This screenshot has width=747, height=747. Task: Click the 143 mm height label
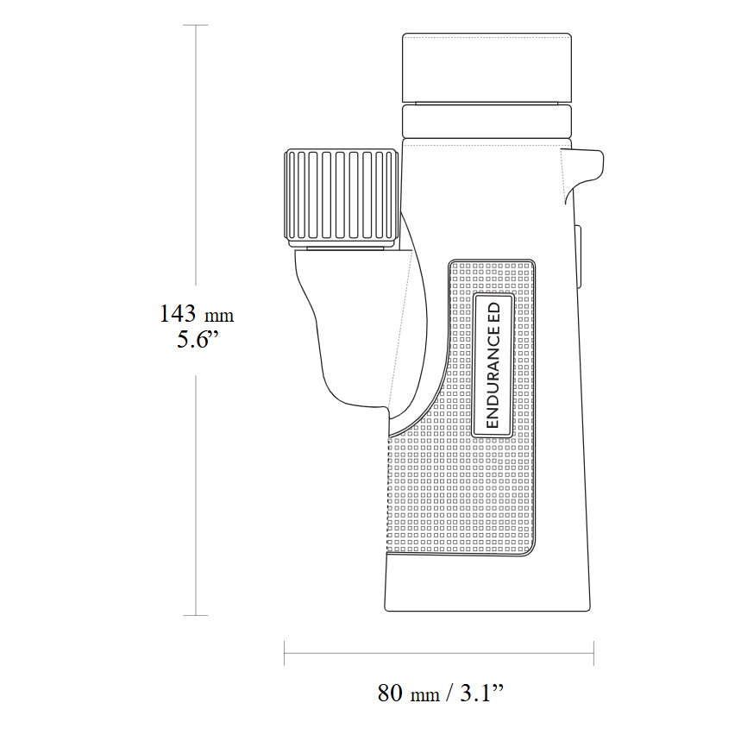[197, 314]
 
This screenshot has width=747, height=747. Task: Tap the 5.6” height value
[198, 339]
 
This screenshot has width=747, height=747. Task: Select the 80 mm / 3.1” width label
[439, 693]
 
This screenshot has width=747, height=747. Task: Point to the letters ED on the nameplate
[493, 312]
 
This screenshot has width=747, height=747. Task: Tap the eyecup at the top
[487, 67]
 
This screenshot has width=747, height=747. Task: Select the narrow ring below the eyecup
[487, 121]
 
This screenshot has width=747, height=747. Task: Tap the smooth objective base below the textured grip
[487, 582]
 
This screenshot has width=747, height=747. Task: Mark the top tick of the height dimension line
[197, 26]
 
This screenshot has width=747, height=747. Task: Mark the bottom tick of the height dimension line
[197, 615]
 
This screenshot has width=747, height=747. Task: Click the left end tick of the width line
[285, 653]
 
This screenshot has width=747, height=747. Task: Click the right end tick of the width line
[593, 653]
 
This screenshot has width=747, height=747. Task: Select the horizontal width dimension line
[439, 653]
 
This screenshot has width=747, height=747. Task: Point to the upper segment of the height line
[197, 155]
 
